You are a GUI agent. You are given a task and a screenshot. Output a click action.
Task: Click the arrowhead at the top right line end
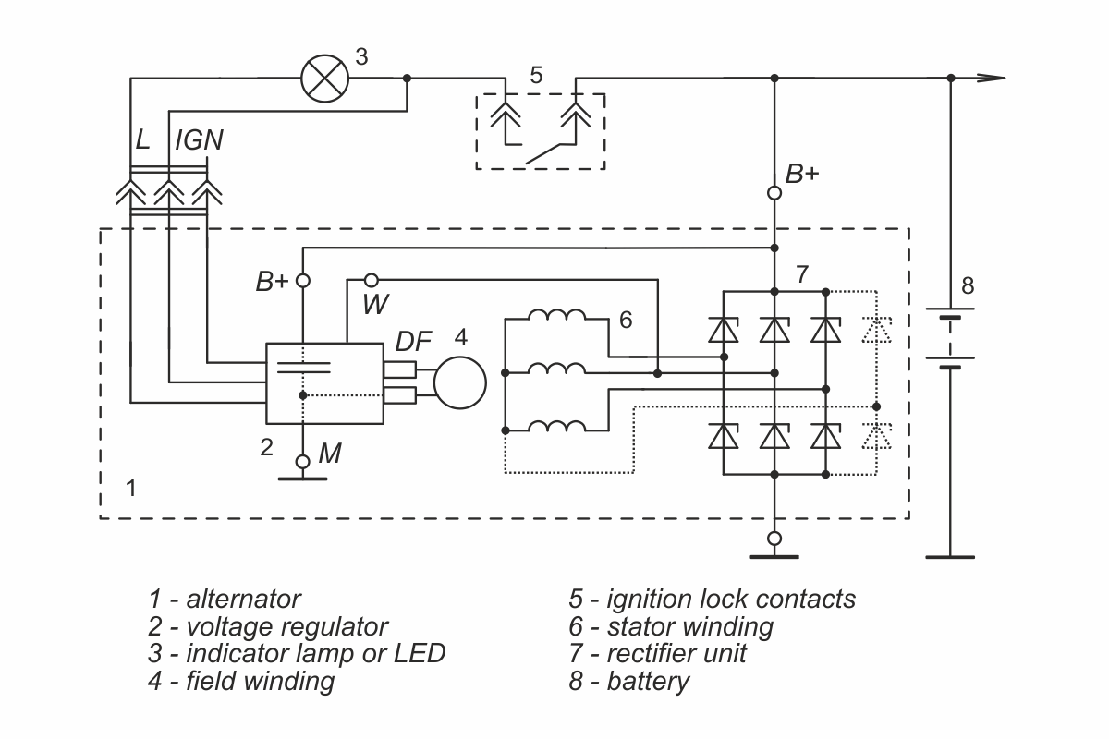pos(991,78)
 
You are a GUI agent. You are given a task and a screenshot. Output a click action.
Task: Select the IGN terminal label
pos(199,140)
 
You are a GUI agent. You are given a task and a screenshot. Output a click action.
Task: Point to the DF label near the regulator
pos(413,342)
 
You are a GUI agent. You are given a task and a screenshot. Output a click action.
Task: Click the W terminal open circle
pos(372,281)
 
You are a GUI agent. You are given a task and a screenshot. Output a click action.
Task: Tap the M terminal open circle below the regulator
pos(302,462)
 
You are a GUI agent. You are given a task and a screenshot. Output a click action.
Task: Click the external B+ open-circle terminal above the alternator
pos(774,192)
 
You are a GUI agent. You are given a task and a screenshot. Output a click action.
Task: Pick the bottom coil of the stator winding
pos(557,426)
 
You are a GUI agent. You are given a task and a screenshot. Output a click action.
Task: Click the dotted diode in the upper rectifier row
pos(876,330)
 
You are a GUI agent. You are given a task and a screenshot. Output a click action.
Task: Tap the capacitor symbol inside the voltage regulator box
pos(303,368)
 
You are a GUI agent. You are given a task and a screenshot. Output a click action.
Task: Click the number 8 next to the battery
pos(968,285)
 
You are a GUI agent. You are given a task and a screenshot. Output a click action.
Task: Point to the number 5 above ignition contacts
pos(536,75)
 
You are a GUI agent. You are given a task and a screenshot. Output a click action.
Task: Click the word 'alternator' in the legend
pos(243,599)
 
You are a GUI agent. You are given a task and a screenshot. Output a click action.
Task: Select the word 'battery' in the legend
pos(648,681)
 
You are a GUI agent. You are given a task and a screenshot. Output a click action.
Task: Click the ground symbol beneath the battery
pos(950,557)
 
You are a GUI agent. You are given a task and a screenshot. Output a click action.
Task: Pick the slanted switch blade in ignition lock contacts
pos(543,154)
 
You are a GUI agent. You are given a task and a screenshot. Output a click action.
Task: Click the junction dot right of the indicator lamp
pos(407,79)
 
